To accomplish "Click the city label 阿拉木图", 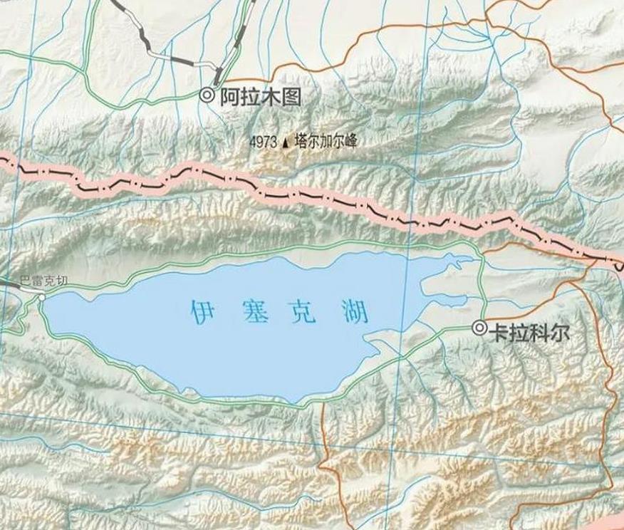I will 260,96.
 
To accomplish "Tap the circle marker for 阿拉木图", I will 207,95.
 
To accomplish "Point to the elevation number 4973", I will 263,142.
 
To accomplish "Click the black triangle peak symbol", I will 286,142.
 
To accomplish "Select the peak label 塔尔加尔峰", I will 324,142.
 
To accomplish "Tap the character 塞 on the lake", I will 254,311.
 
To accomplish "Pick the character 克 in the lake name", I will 303,311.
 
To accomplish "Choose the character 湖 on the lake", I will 354,311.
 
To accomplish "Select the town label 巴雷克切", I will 43,281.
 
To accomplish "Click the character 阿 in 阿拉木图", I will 229,96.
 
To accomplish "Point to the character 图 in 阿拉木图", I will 291,96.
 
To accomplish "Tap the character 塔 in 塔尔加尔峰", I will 300,142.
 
